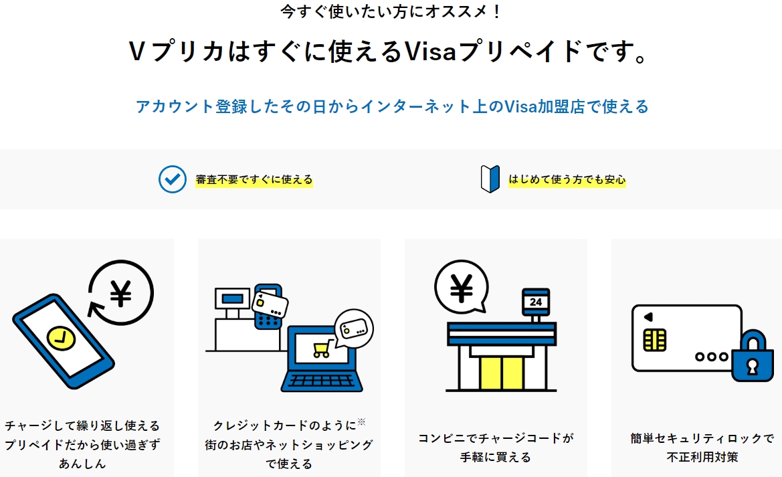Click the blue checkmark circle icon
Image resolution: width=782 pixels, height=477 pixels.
click(x=172, y=179)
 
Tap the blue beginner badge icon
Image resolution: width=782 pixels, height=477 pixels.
click(x=490, y=179)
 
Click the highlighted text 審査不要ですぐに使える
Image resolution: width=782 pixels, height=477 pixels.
click(x=254, y=180)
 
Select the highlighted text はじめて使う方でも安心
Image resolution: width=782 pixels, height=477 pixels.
click(x=567, y=180)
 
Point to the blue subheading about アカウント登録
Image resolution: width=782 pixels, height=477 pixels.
click(x=392, y=106)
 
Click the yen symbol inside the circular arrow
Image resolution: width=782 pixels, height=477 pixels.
click(x=120, y=293)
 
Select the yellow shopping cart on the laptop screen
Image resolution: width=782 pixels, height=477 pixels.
click(x=321, y=349)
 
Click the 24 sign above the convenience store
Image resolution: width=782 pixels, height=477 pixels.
click(x=536, y=302)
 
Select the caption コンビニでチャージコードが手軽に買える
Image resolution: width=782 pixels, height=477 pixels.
click(x=496, y=448)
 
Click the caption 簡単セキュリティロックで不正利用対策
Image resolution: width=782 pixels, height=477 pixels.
click(x=702, y=448)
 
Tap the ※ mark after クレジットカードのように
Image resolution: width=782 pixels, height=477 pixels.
click(x=361, y=421)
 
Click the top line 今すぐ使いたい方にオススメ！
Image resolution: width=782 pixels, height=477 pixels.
click(x=391, y=11)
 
